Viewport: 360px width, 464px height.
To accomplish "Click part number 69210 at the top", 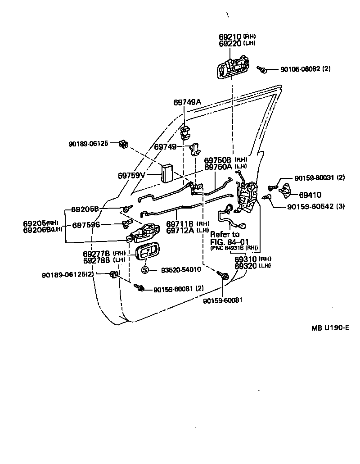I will pyautogui.click(x=230, y=36).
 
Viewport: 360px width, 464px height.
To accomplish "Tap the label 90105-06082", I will pyautogui.click(x=300, y=69).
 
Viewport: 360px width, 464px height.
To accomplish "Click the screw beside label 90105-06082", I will pyautogui.click(x=262, y=69).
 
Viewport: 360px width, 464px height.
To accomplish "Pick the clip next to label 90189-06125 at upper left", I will pyautogui.click(x=123, y=144).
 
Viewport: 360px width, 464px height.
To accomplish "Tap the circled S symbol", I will pyautogui.click(x=145, y=270).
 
